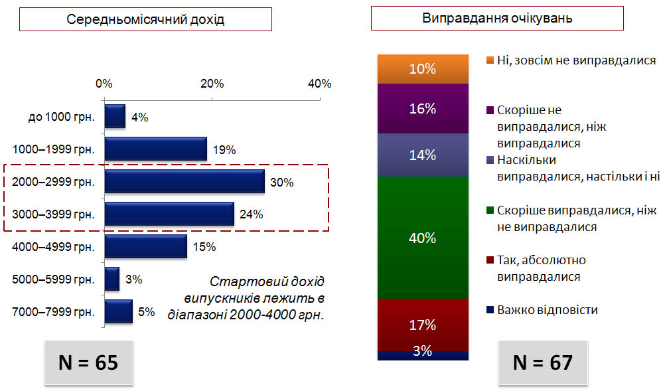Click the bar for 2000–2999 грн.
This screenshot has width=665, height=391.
point(185,181)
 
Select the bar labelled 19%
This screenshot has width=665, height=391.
point(156,149)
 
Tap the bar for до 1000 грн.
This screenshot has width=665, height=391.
point(115,116)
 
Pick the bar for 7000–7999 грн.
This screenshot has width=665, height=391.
point(118,311)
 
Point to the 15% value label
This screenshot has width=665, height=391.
point(204,247)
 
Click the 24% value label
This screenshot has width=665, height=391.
point(251,214)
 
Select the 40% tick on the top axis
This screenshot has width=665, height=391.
point(320,84)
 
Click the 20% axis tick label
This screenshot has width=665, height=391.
point(212,84)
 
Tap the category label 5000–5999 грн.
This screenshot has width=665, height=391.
point(54,279)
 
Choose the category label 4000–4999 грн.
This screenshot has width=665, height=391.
point(54,247)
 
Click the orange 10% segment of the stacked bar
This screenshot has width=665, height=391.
point(423,69)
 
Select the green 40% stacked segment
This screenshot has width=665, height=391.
point(423,238)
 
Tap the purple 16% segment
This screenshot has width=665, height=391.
point(423,109)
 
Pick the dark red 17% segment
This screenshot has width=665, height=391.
point(423,325)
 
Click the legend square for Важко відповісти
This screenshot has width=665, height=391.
point(490,310)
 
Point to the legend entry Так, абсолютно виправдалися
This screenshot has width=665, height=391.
point(536,268)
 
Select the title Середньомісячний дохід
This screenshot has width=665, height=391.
point(145,19)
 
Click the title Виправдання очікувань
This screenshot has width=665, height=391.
point(497,18)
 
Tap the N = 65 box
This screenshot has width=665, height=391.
point(89,362)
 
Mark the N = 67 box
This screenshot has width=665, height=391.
point(543,362)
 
